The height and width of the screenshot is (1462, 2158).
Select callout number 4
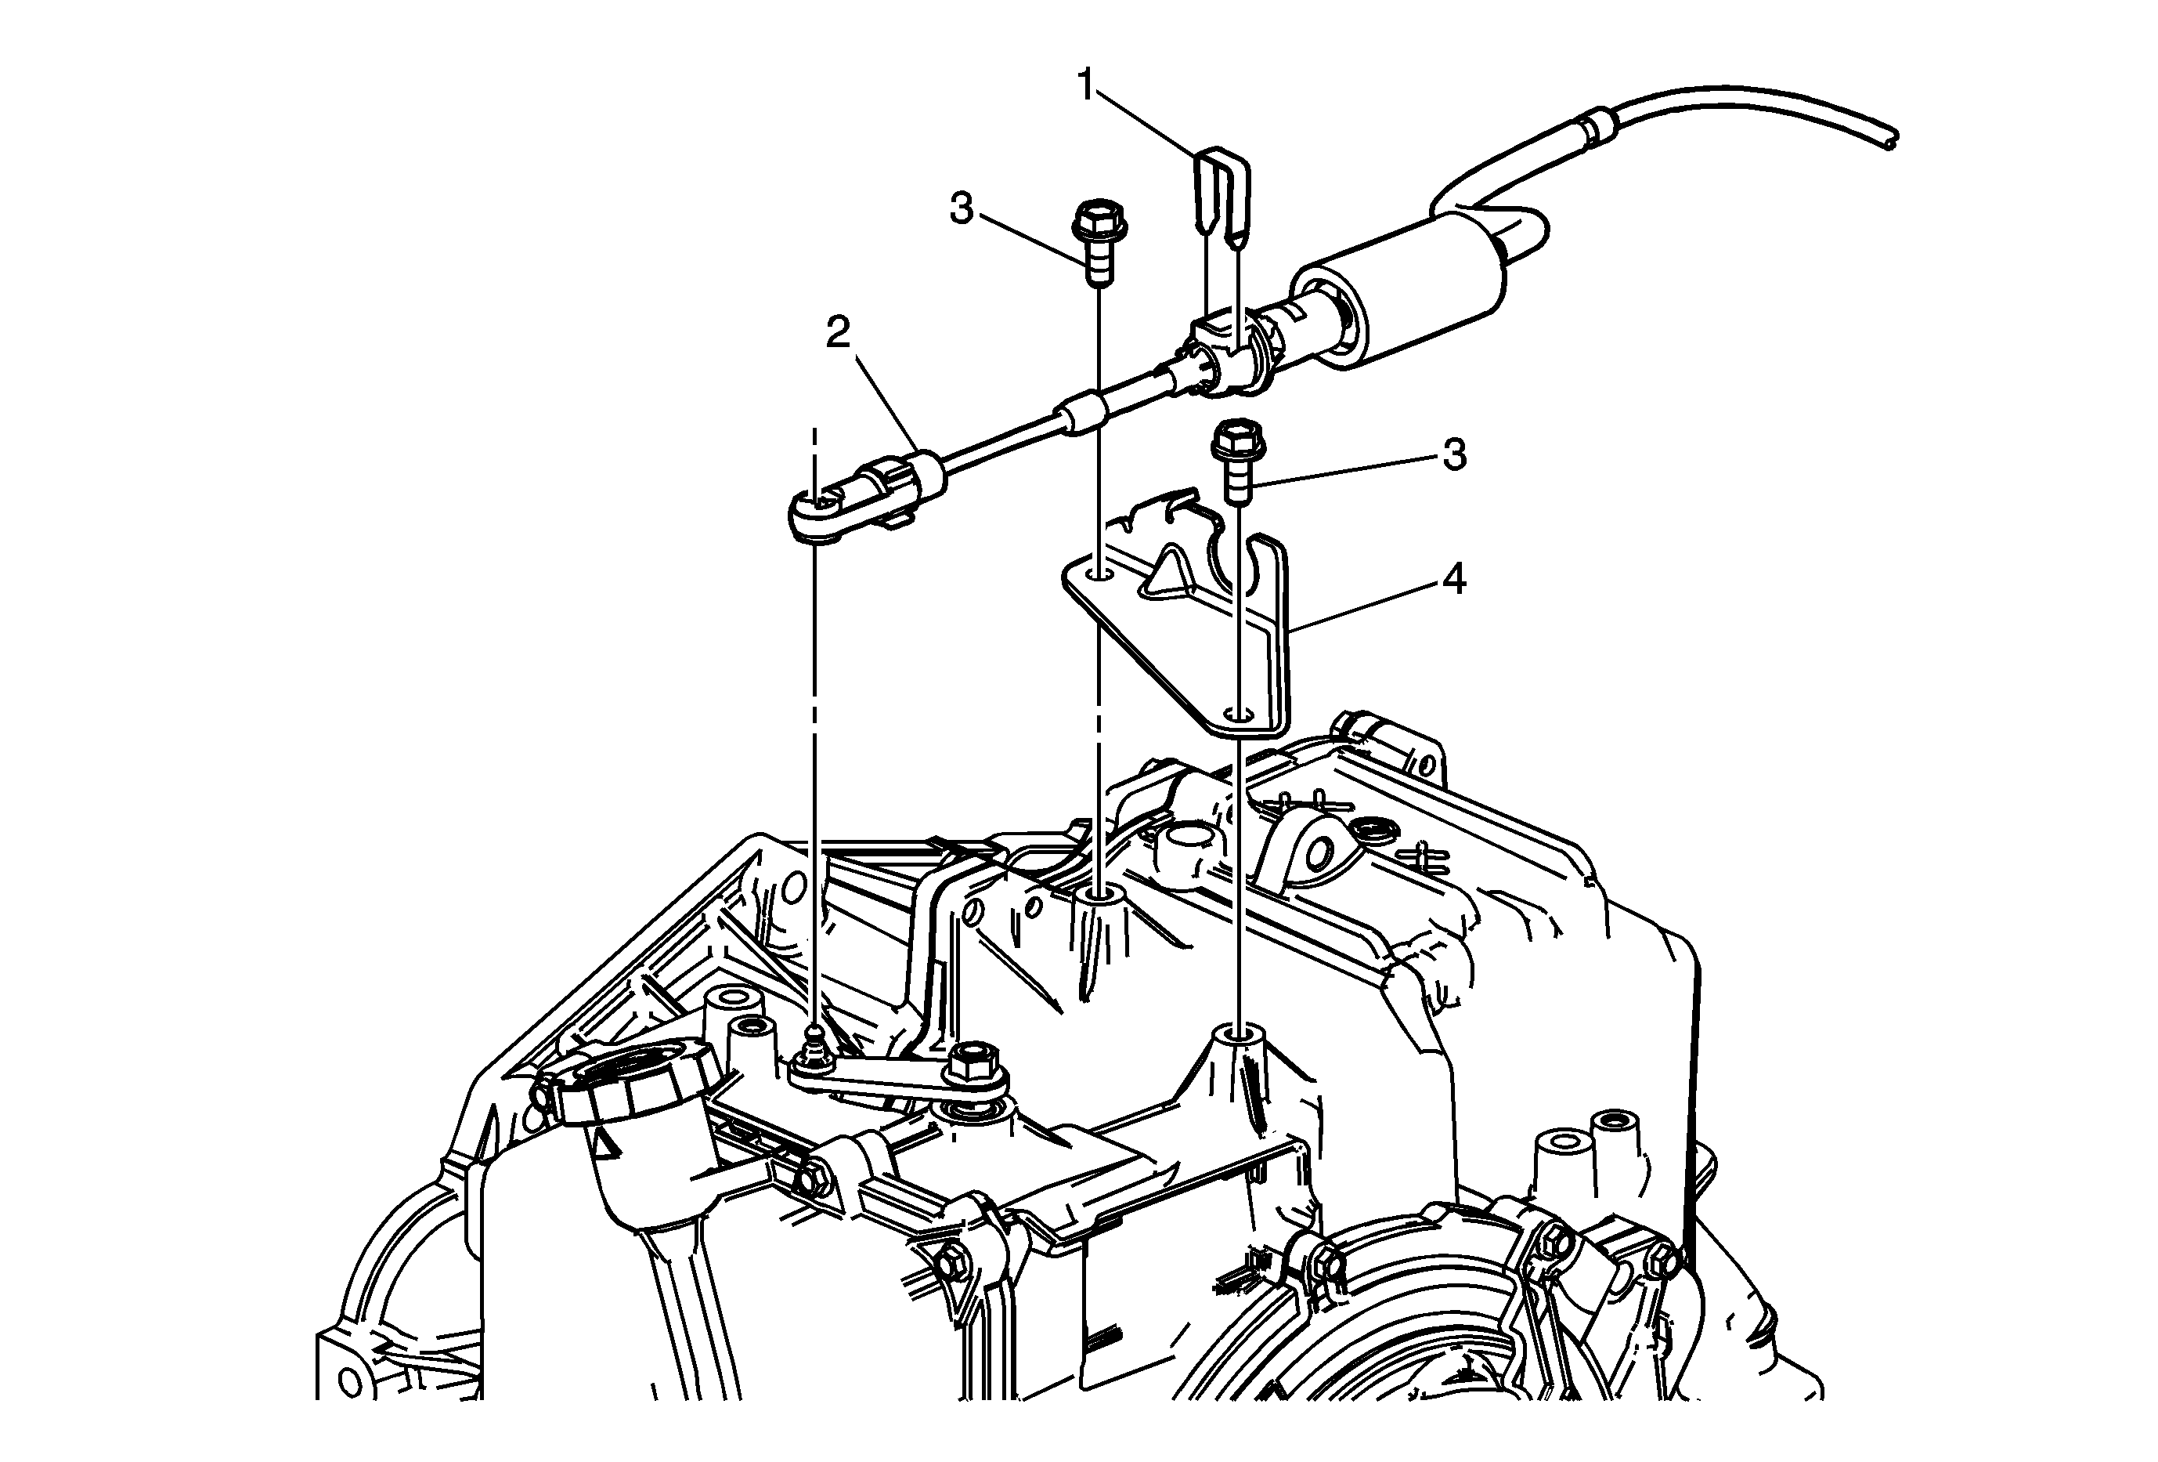(x=1454, y=581)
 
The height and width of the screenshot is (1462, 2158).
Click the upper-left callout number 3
(x=962, y=209)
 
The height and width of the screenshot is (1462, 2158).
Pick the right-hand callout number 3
(x=1454, y=455)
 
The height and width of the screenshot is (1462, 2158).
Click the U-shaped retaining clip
(x=1219, y=199)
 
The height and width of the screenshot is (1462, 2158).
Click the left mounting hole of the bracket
(x=1099, y=574)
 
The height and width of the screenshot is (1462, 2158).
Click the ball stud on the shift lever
(x=814, y=1046)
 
